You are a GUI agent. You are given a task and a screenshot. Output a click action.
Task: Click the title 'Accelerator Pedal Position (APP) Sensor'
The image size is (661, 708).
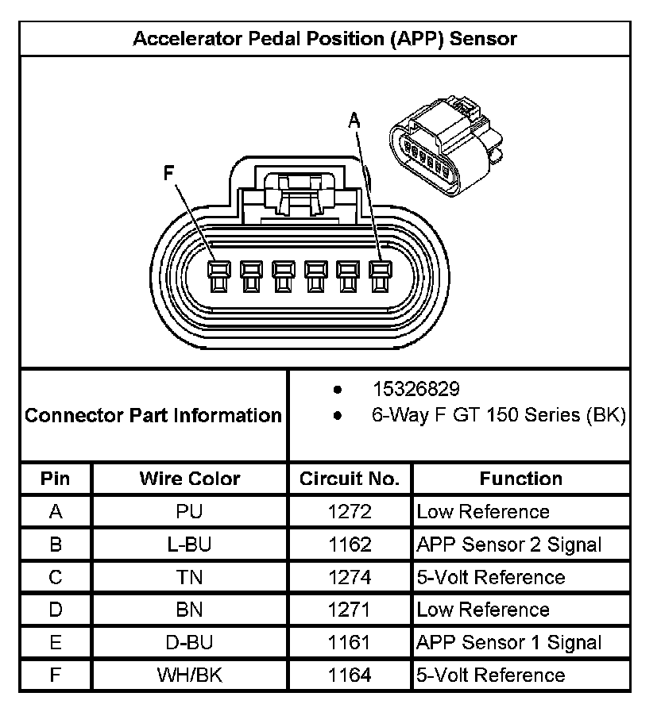[324, 38]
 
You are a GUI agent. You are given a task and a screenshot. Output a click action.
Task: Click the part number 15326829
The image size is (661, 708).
[416, 389]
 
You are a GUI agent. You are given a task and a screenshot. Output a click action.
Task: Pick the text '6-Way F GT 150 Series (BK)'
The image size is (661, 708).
[499, 414]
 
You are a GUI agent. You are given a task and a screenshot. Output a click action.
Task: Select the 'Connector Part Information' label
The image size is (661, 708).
[153, 415]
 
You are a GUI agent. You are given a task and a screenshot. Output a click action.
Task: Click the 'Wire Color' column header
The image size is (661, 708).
[190, 479]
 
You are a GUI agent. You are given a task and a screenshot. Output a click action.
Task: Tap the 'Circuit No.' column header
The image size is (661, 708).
[350, 479]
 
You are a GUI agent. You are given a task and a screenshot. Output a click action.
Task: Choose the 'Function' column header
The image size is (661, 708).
[520, 479]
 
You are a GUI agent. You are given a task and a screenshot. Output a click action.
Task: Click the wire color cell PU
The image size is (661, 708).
[190, 512]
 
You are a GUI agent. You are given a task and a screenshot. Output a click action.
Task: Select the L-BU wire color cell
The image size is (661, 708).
[190, 544]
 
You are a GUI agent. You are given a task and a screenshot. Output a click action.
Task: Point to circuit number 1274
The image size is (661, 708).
[350, 577]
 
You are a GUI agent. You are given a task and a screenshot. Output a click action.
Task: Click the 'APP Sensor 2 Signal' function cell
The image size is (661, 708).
[508, 544]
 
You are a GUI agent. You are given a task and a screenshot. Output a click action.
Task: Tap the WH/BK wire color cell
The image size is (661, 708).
[190, 675]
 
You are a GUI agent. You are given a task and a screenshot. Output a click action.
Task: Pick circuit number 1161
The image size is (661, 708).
[350, 643]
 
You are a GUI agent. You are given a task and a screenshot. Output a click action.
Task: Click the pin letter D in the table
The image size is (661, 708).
[56, 610]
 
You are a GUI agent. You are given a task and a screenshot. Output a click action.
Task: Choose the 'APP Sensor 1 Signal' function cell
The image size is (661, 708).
[508, 643]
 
